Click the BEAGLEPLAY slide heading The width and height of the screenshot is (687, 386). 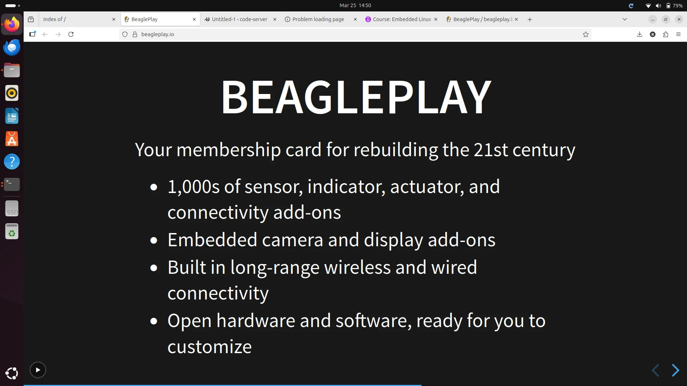click(356, 96)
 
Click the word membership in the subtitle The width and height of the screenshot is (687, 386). click(229, 150)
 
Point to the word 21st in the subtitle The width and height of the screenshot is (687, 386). click(491, 150)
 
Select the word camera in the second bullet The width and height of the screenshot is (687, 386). click(293, 240)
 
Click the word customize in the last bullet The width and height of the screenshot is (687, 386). click(210, 347)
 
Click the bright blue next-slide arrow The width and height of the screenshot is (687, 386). click(675, 370)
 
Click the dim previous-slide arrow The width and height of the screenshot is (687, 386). click(656, 370)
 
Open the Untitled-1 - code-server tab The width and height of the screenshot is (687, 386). click(239, 19)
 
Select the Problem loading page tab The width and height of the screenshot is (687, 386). click(318, 19)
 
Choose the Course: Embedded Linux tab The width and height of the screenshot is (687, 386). click(402, 19)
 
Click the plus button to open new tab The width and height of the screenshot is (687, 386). click(530, 19)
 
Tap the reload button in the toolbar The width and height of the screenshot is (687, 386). click(71, 34)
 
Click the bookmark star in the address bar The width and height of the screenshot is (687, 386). click(586, 34)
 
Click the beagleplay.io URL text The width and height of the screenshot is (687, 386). click(157, 34)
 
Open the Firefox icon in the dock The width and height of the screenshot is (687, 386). click(12, 24)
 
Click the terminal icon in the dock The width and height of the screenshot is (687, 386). click(12, 184)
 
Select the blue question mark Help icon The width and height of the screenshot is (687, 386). click(12, 162)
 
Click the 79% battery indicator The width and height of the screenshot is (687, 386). click(674, 5)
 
